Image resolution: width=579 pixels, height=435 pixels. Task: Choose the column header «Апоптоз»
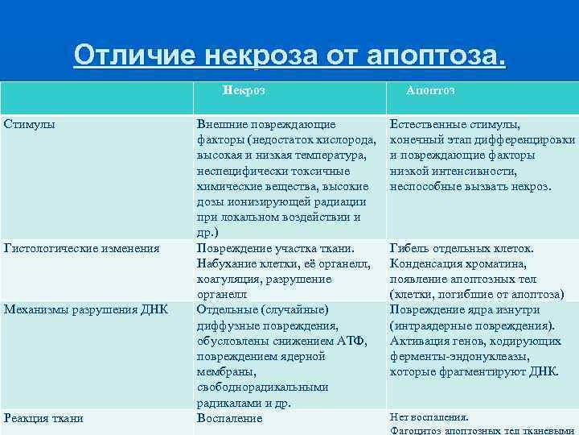(430, 91)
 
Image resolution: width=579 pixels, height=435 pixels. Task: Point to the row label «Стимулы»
(30, 125)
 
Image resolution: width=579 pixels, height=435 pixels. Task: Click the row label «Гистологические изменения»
(81, 248)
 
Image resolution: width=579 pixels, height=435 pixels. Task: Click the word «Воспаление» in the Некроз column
(230, 418)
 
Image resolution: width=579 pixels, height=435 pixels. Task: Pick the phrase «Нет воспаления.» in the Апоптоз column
(429, 417)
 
